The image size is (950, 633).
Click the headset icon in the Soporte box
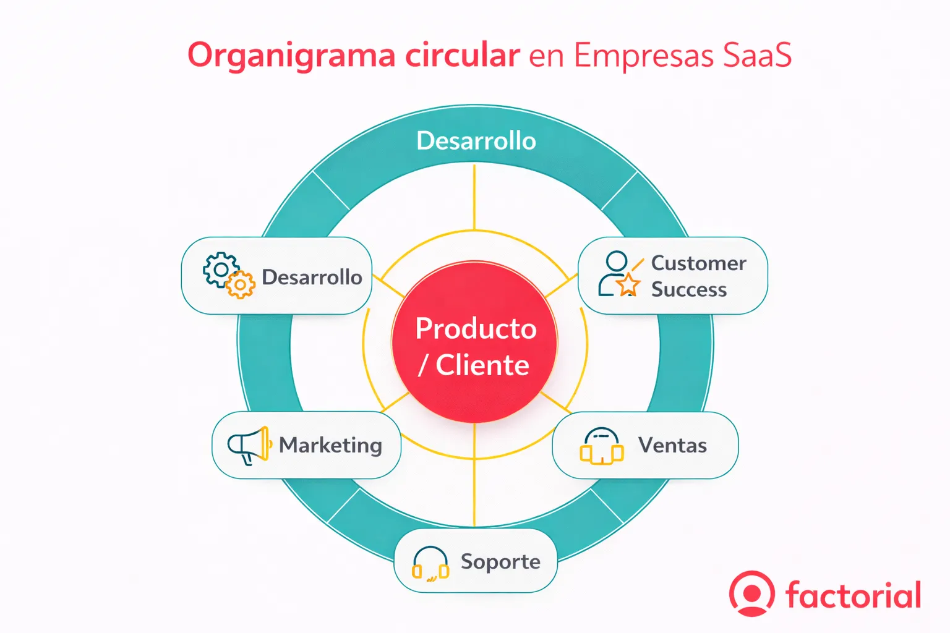point(430,563)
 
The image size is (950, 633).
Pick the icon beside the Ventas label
point(601,446)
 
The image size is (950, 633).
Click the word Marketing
point(330,446)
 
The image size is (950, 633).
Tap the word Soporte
point(500,562)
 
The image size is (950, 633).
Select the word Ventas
point(672,446)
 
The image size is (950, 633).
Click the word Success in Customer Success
point(688,289)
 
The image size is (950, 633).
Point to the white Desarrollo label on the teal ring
point(476,141)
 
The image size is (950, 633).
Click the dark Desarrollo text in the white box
point(312,277)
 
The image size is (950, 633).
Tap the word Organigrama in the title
point(291,56)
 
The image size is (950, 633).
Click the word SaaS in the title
point(757,56)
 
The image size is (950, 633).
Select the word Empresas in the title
point(644,56)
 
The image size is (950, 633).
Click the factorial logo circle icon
point(751,593)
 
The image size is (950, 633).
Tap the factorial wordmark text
point(853,595)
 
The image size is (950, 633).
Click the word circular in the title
point(462,56)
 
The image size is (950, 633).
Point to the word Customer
point(698,263)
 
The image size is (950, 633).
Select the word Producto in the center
point(476,328)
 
